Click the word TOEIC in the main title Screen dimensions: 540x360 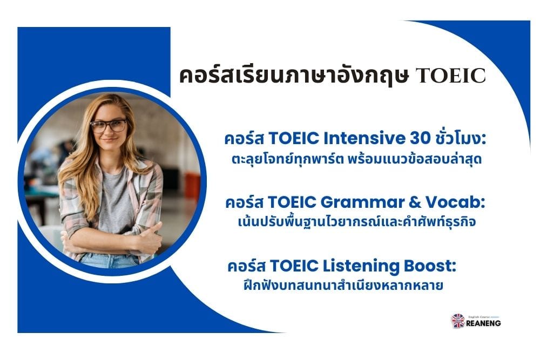point(450,76)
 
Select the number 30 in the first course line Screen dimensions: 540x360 point(420,138)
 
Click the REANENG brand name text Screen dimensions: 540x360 point(483,323)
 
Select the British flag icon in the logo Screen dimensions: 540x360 point(458,321)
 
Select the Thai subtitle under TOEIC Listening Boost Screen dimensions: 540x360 point(343,286)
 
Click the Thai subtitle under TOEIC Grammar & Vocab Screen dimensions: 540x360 point(356,221)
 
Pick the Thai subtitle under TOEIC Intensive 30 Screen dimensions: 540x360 point(356,159)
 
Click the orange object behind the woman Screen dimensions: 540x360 point(192,188)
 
